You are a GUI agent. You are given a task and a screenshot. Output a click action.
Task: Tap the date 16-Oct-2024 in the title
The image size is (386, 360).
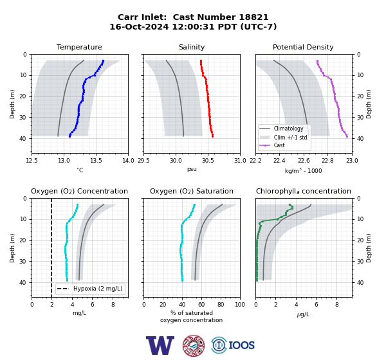coord(139,26)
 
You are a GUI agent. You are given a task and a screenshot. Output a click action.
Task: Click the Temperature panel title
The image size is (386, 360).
coord(79,47)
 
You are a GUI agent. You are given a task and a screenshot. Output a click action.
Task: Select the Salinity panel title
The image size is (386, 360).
coord(192,47)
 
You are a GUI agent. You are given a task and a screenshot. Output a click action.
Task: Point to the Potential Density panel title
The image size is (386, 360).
coord(303,47)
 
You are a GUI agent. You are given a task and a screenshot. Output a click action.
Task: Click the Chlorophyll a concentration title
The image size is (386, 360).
coord(304,191)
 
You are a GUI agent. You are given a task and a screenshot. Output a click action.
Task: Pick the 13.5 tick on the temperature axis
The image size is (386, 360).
coord(96,161)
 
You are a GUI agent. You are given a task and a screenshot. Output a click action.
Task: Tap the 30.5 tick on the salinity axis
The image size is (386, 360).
coord(208,161)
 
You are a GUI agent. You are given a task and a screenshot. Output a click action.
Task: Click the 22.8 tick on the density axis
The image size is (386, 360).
coord(328,161)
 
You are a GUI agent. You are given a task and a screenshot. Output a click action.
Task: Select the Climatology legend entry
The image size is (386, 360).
coord(288,129)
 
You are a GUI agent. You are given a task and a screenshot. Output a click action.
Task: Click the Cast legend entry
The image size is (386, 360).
coord(279,145)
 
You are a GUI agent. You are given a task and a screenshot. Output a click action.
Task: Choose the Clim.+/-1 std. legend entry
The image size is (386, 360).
coord(291,138)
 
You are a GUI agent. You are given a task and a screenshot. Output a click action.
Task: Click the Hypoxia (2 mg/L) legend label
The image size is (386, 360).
coord(98,289)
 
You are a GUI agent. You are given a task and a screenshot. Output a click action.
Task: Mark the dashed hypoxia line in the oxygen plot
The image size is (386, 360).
coord(51,248)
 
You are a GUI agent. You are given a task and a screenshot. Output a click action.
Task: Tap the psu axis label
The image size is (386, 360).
coord(192,169)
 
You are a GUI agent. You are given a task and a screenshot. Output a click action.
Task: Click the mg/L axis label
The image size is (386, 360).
coord(79,313)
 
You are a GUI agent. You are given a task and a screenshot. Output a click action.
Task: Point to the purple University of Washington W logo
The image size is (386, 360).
coord(160,345)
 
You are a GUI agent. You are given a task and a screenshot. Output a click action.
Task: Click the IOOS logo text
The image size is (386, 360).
coord(241,345)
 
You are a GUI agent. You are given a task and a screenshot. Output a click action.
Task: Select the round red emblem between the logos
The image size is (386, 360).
coord(194,345)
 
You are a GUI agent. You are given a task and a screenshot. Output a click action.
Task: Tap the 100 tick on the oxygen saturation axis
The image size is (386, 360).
coord(240,305)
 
